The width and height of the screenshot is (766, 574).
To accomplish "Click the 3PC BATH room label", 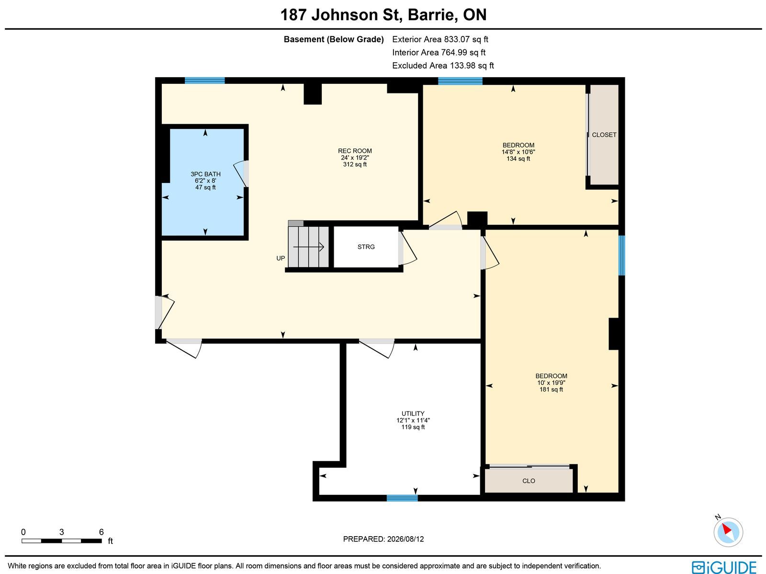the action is tap(205, 174).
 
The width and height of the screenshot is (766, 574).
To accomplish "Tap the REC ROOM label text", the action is tap(355, 151).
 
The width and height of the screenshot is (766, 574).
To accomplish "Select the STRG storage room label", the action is tap(366, 247).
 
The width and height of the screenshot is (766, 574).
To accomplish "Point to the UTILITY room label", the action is tap(413, 413).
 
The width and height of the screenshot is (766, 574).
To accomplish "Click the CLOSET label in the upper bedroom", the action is tap(604, 135).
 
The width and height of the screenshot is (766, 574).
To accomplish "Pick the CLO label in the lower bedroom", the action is tap(529, 481).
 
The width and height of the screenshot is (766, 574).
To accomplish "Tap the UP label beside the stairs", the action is tap(281, 258).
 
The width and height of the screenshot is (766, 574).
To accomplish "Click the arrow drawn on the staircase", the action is tap(308, 247).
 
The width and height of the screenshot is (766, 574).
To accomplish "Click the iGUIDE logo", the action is tap(724, 567).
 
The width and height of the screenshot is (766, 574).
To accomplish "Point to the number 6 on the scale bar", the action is tap(101, 532).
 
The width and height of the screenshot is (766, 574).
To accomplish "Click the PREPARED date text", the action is tap(383, 539).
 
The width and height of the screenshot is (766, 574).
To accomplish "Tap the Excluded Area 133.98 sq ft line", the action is tap(443, 66).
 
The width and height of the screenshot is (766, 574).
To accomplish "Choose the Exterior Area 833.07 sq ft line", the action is tap(440, 39).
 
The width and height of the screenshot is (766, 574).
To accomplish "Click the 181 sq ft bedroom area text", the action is tap(551, 390).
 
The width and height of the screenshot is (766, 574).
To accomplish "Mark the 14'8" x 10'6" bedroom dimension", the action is tap(518, 152).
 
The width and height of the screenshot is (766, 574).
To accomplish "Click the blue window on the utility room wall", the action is tap(402, 498).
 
